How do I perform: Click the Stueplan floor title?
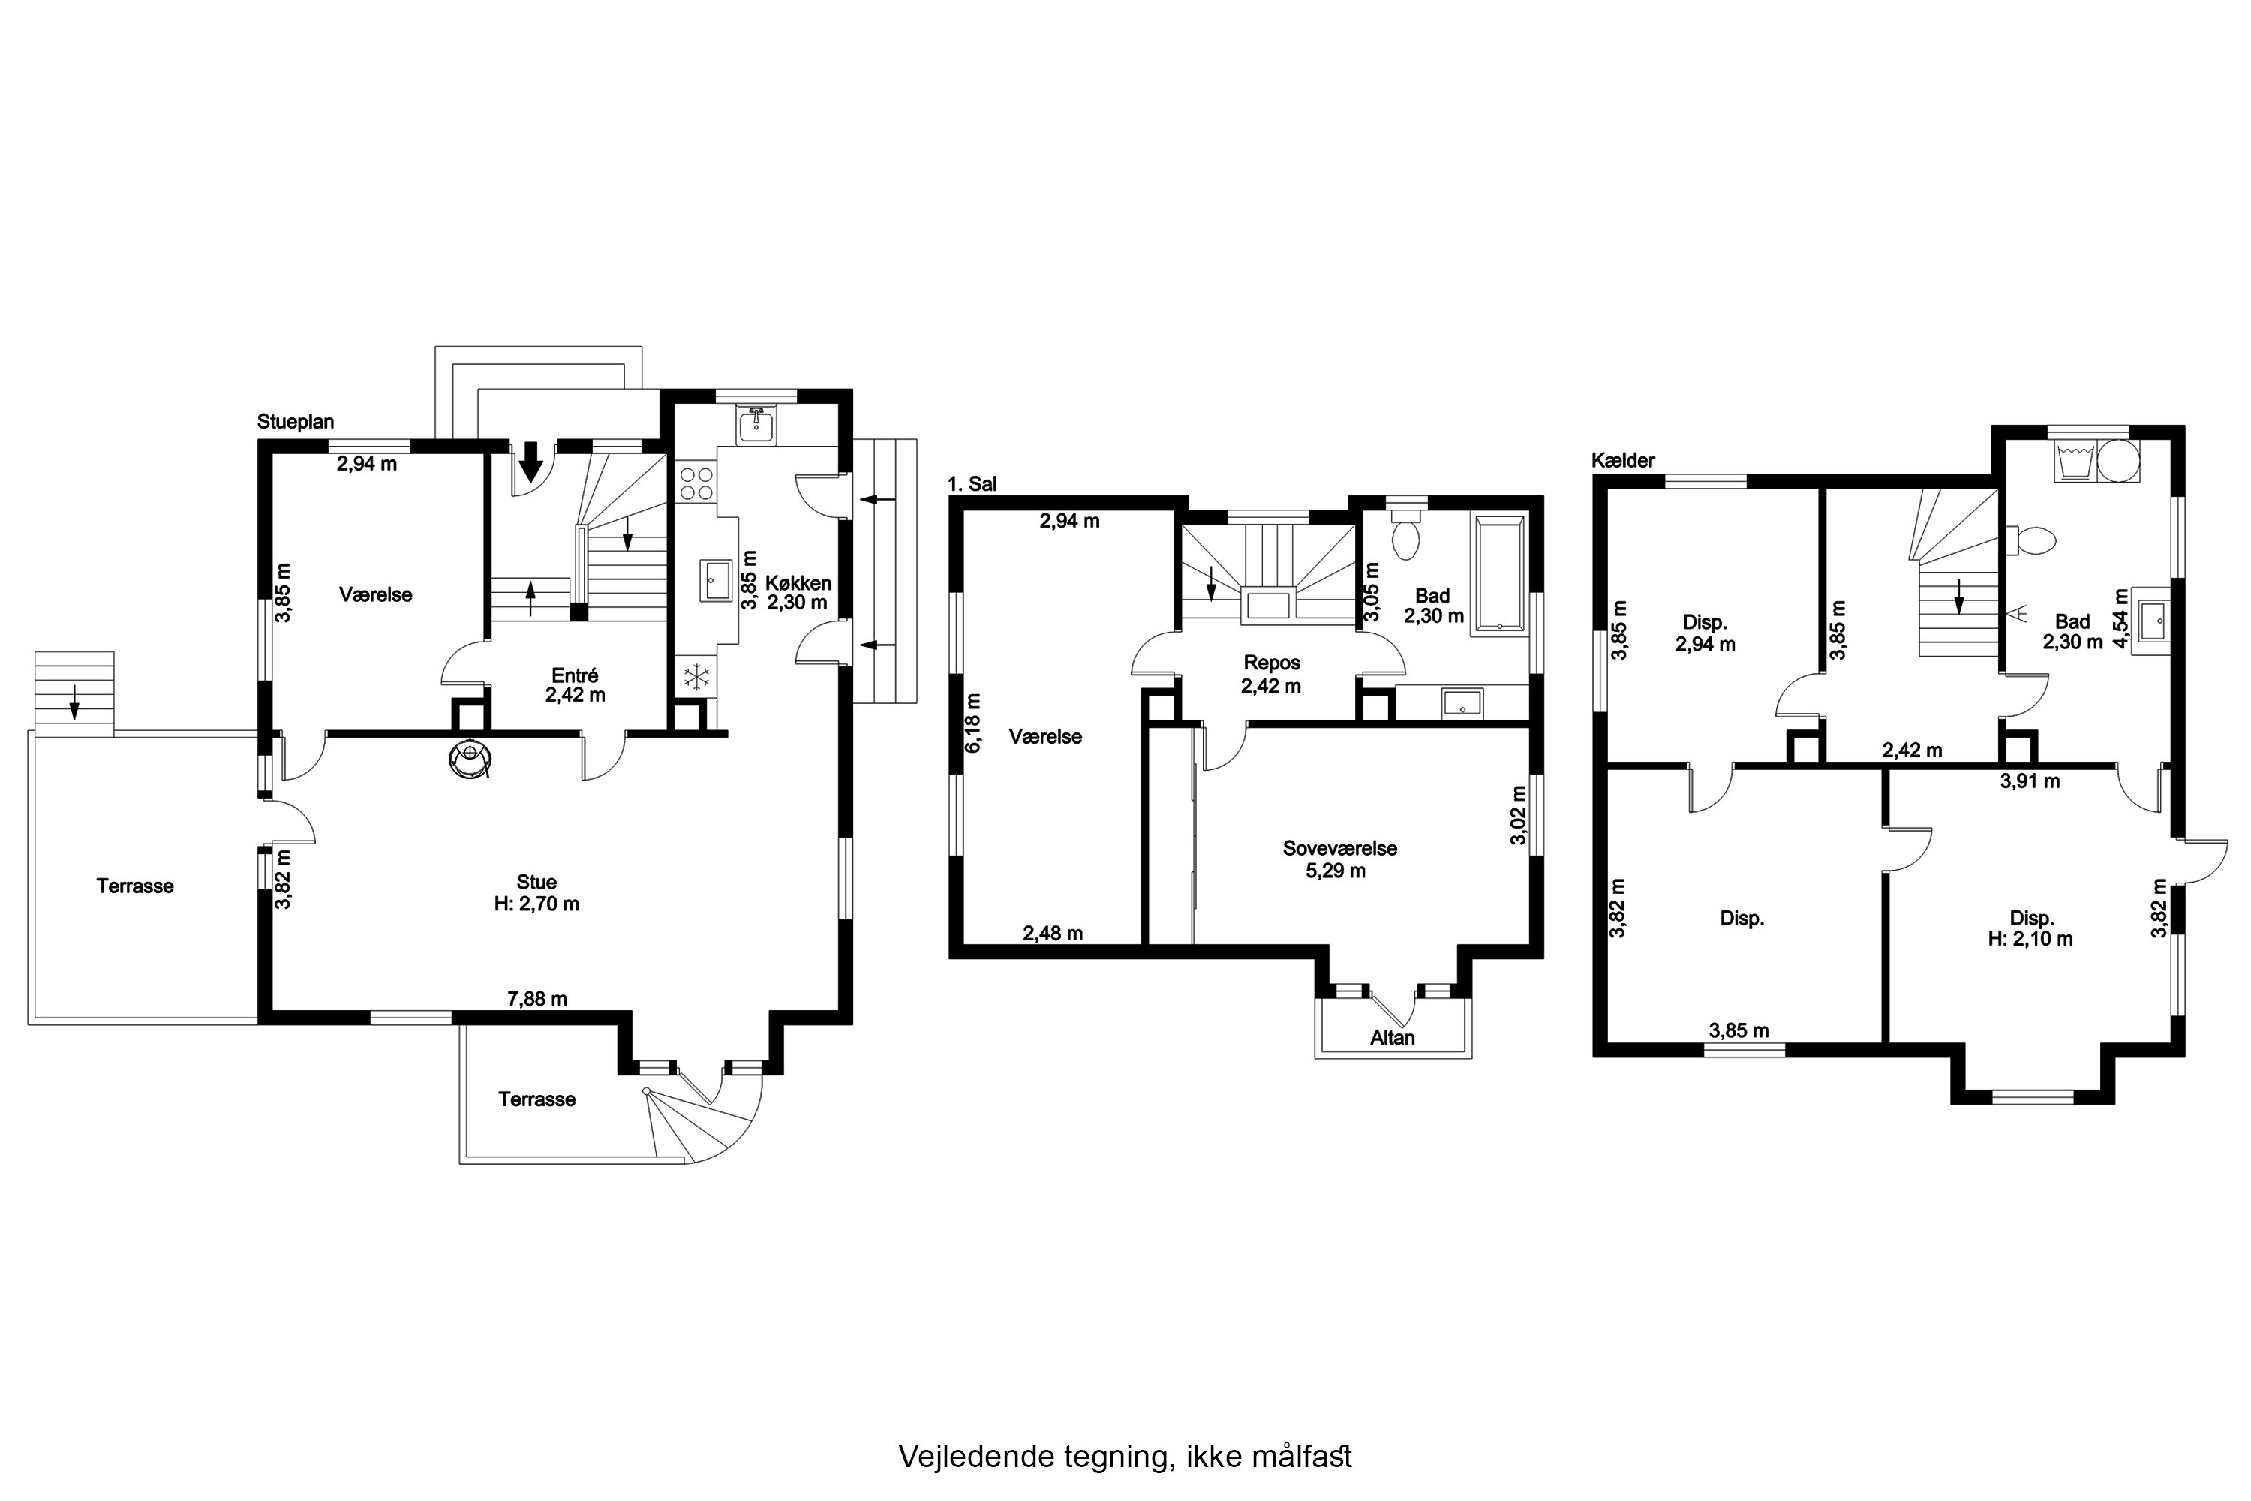(x=296, y=422)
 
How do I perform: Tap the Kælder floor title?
(x=1623, y=461)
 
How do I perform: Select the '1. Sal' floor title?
(x=972, y=484)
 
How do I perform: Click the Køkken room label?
(x=798, y=583)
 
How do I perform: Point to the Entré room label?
(x=576, y=675)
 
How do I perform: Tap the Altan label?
(x=1393, y=1038)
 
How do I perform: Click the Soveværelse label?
(x=1340, y=848)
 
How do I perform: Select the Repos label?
(x=1272, y=663)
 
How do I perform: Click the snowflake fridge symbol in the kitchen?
(x=696, y=677)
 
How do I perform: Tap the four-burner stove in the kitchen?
(x=696, y=483)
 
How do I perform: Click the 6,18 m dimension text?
(x=973, y=723)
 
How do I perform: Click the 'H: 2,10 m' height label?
(x=2031, y=939)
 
